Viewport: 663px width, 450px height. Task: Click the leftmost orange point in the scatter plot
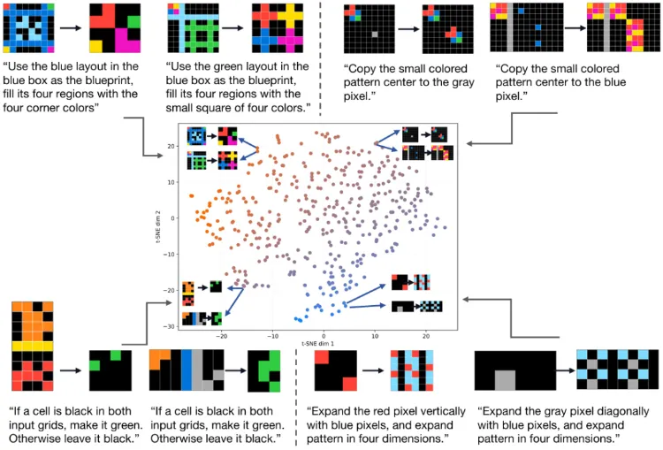(190, 195)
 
